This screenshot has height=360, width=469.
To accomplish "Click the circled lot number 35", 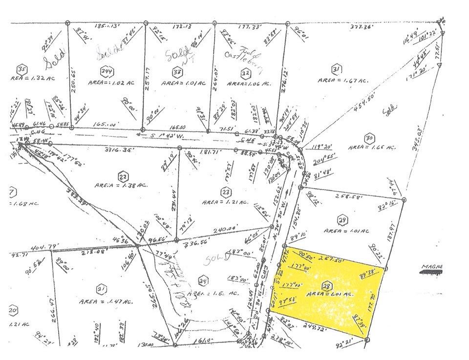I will [x=21, y=68].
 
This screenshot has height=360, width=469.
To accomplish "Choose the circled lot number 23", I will [x=225, y=191].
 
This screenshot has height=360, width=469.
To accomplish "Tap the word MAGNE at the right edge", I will [x=431, y=267].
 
